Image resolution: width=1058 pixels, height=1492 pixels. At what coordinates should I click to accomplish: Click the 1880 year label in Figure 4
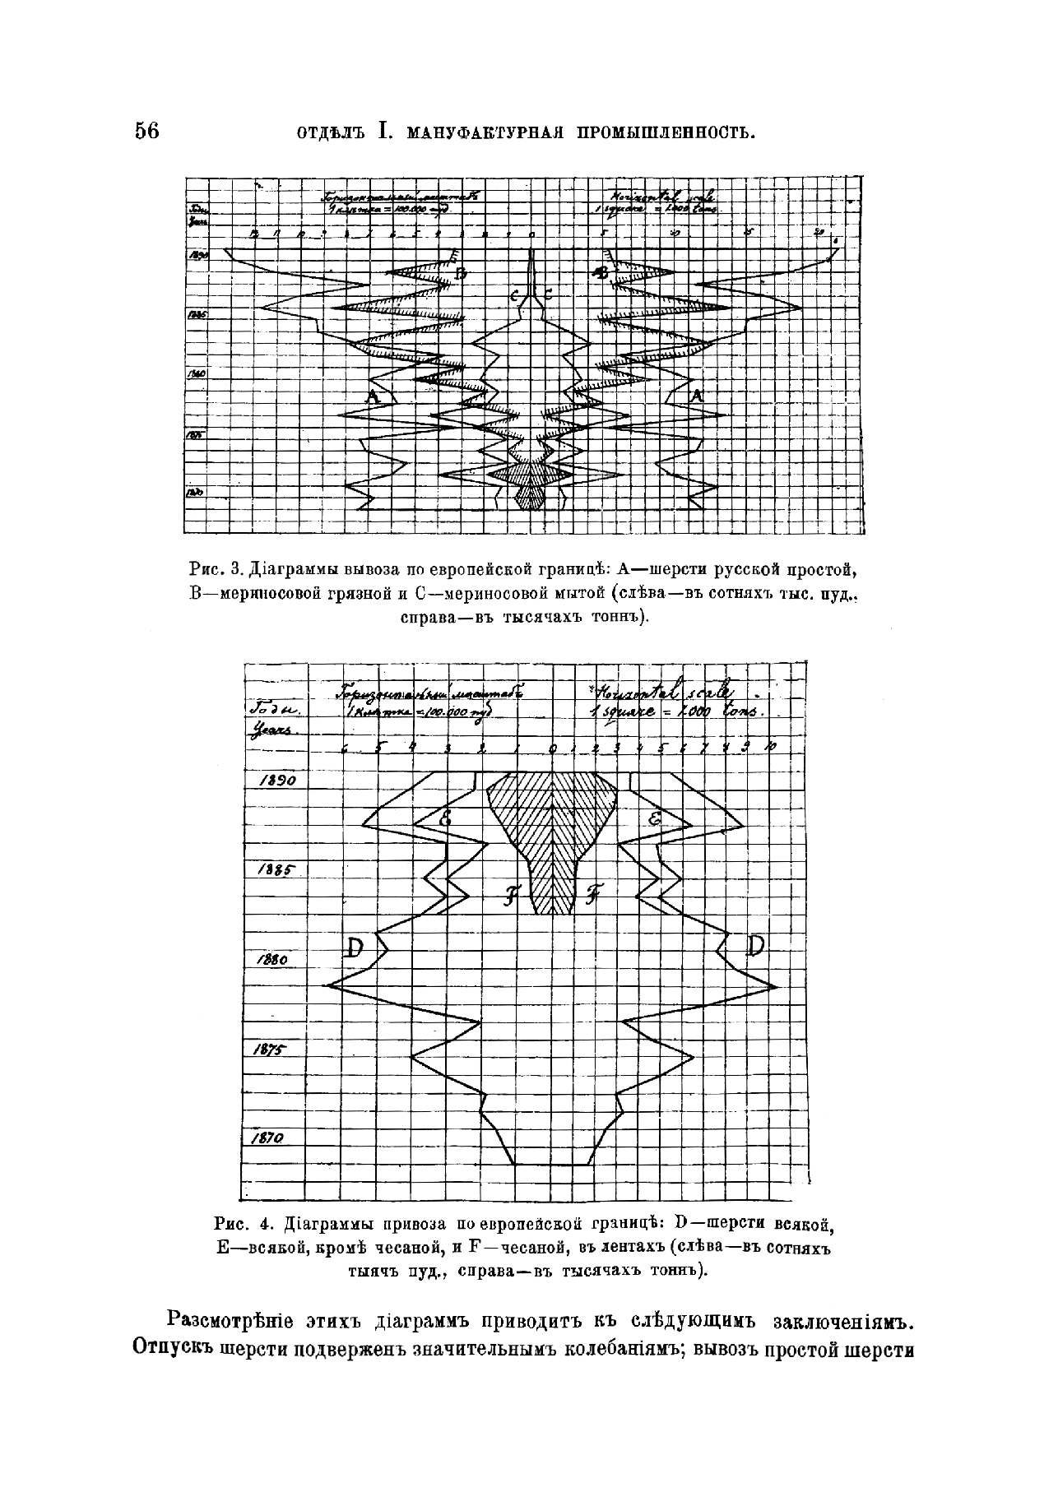pyautogui.click(x=271, y=960)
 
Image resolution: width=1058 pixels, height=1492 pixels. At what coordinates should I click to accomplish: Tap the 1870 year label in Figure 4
pyautogui.click(x=268, y=1138)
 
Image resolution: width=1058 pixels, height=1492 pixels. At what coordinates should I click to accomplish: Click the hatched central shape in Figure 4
pyautogui.click(x=551, y=831)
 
